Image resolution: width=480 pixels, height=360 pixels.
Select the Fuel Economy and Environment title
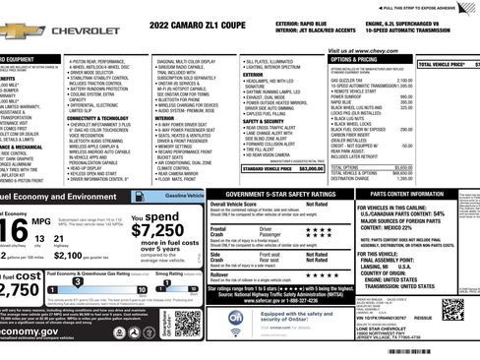point(59,197)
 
